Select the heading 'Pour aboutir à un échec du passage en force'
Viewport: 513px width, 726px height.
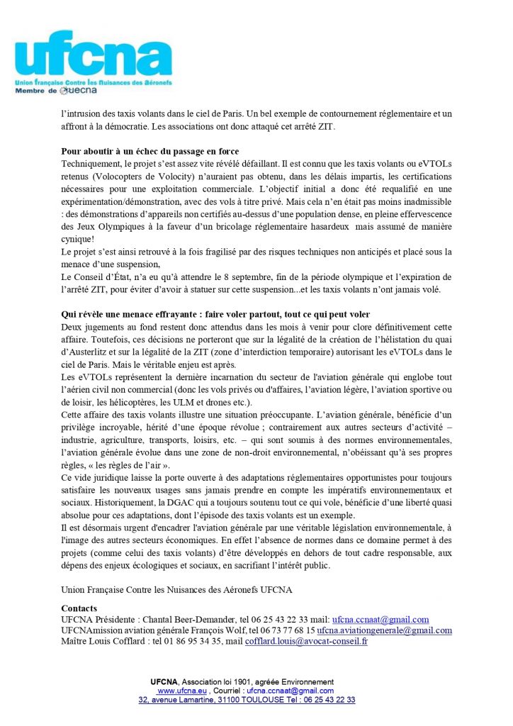click(x=150, y=152)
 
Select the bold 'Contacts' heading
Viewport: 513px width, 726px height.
click(x=79, y=608)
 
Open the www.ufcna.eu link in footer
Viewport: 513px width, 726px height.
click(x=182, y=691)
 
